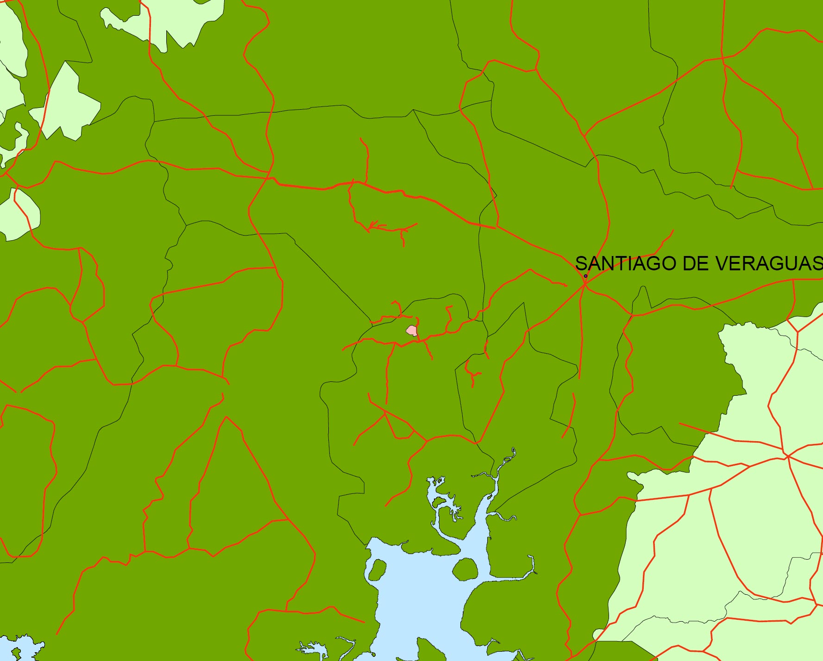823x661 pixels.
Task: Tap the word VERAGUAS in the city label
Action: click(x=769, y=263)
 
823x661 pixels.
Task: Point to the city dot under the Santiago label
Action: click(x=585, y=276)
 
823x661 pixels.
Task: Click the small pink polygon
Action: click(x=412, y=330)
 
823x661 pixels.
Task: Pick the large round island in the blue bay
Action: click(x=465, y=569)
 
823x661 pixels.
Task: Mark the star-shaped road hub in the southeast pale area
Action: click(x=787, y=456)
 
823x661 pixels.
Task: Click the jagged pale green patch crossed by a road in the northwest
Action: click(x=69, y=104)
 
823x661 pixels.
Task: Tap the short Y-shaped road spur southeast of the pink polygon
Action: click(x=472, y=373)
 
